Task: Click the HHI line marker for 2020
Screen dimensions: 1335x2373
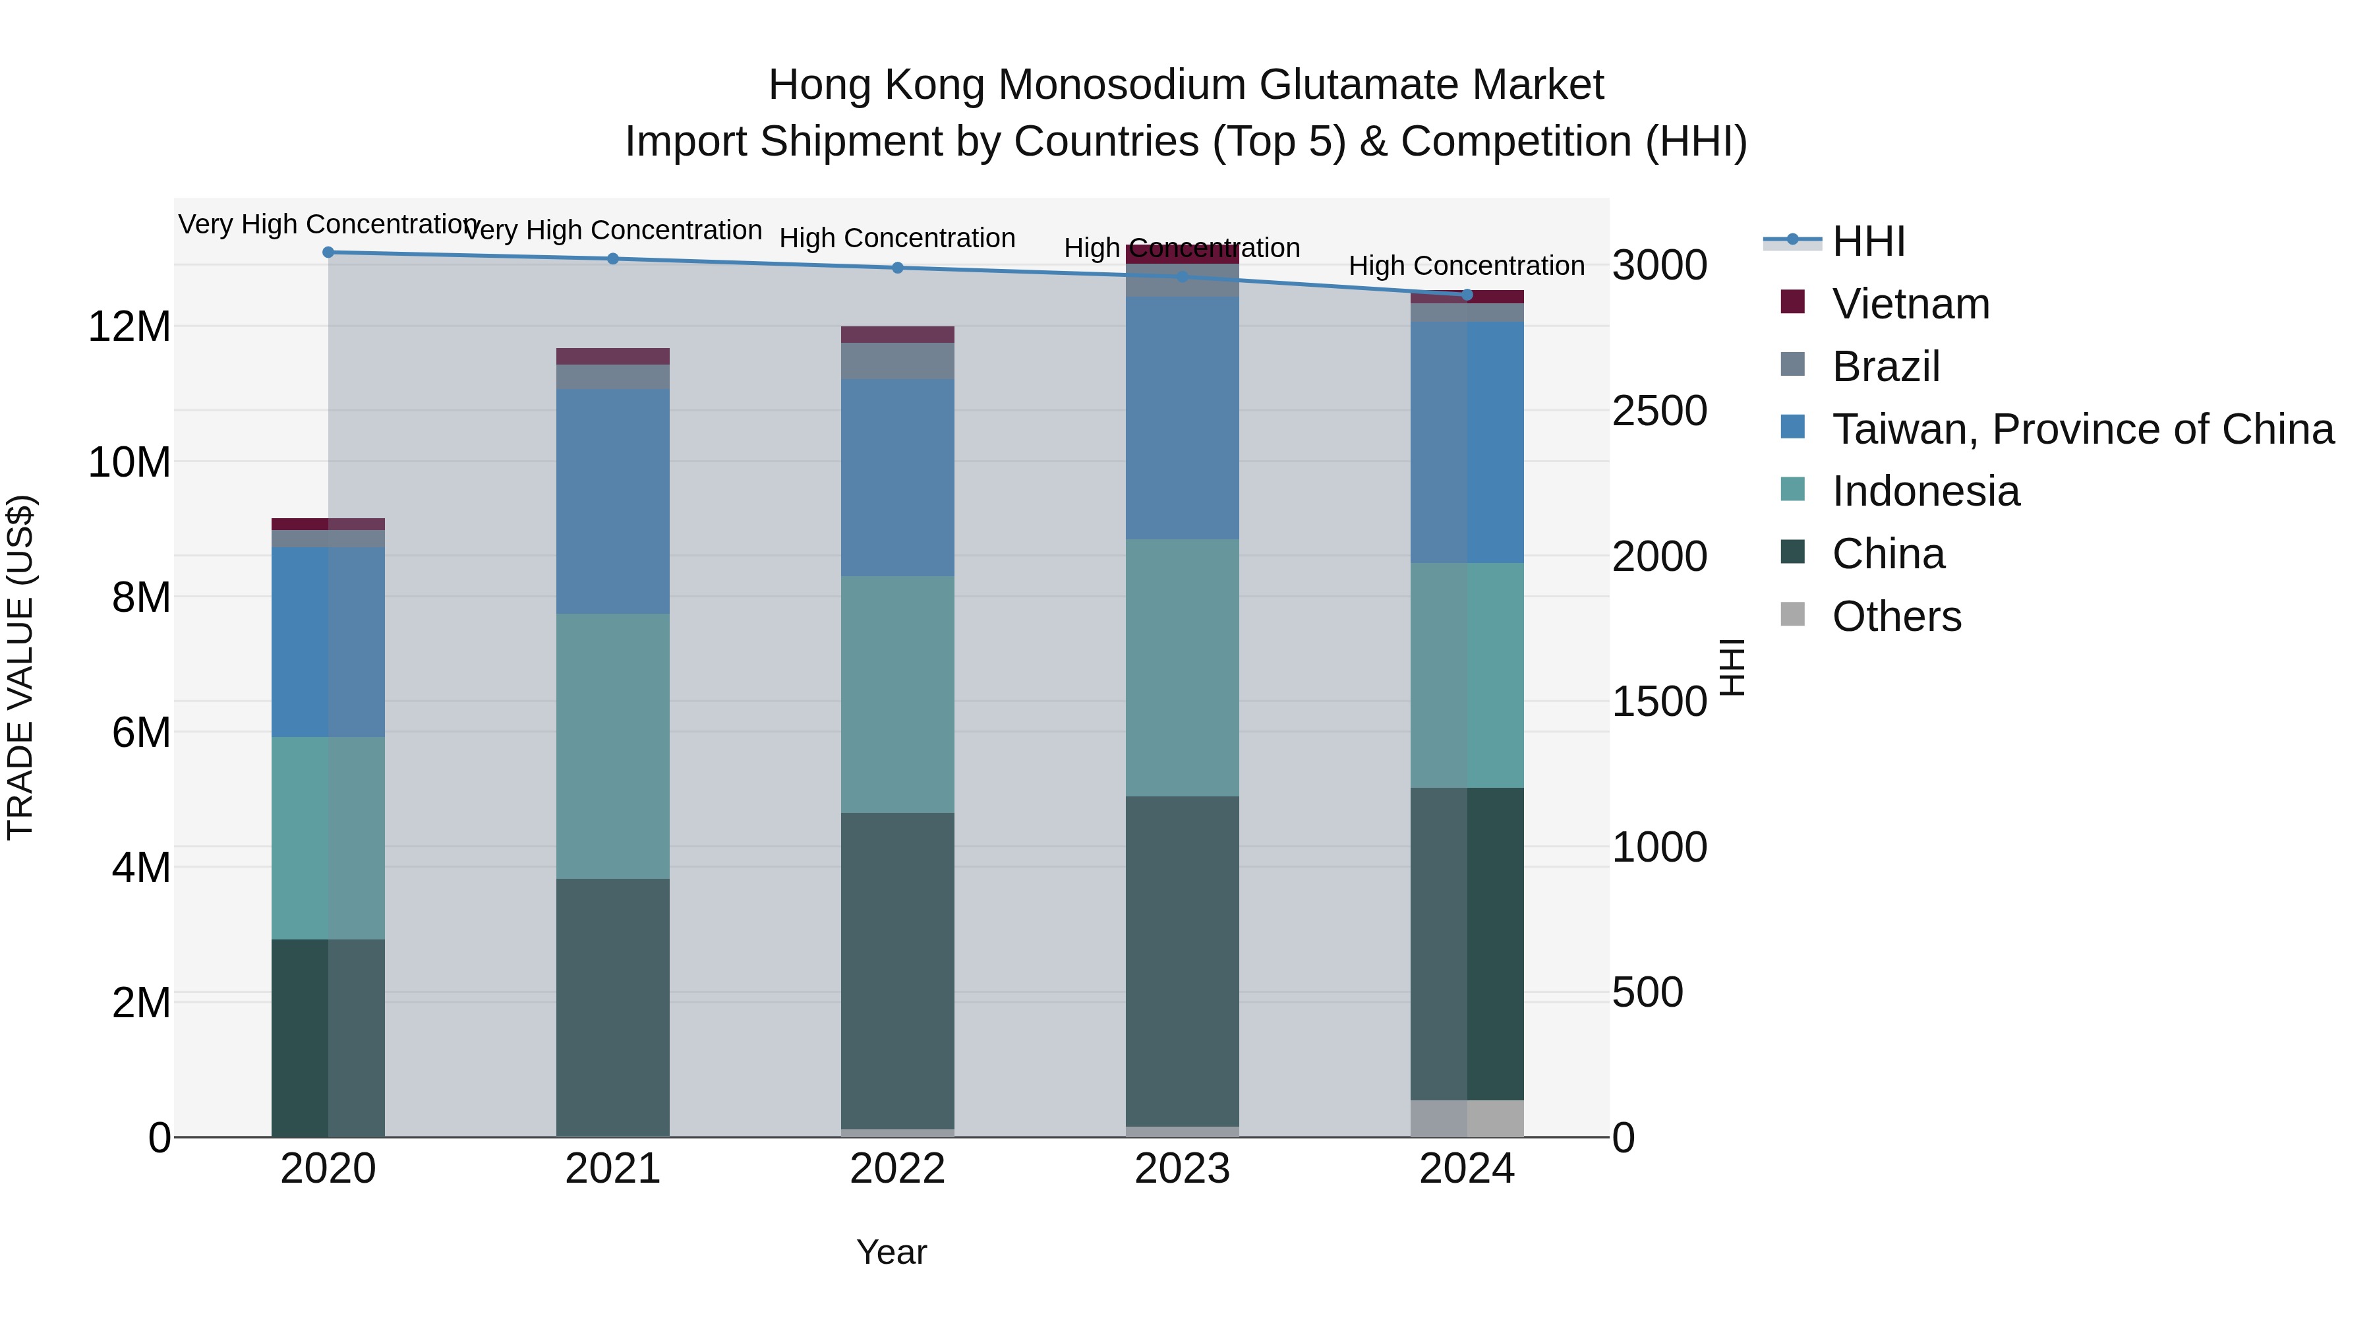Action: [x=328, y=252]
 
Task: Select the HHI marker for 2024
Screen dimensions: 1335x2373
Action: [x=1467, y=295]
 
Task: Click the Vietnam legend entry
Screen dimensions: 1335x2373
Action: [x=1910, y=304]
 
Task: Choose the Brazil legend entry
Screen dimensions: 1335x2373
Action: [x=1886, y=367]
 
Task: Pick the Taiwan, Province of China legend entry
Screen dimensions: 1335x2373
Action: [x=2082, y=429]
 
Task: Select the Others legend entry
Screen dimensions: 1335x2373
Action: [x=1896, y=616]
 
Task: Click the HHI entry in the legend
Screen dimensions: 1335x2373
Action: [x=1868, y=241]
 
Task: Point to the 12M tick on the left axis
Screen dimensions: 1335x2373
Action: [x=129, y=327]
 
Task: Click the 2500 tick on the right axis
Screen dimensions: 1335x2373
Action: [x=1659, y=411]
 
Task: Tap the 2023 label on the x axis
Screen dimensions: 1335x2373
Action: [x=1182, y=1169]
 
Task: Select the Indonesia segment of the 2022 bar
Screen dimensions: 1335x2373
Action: [x=898, y=695]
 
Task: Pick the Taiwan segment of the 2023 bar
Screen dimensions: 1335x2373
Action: [x=1182, y=418]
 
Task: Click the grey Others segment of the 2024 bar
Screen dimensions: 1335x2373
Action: [x=1467, y=1119]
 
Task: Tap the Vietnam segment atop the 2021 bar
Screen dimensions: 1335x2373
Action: [x=612, y=357]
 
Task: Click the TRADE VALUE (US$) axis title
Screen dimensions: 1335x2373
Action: [x=20, y=667]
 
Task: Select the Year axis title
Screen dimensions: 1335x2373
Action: [x=891, y=1252]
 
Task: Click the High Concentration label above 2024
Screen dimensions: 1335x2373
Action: [x=1467, y=266]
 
